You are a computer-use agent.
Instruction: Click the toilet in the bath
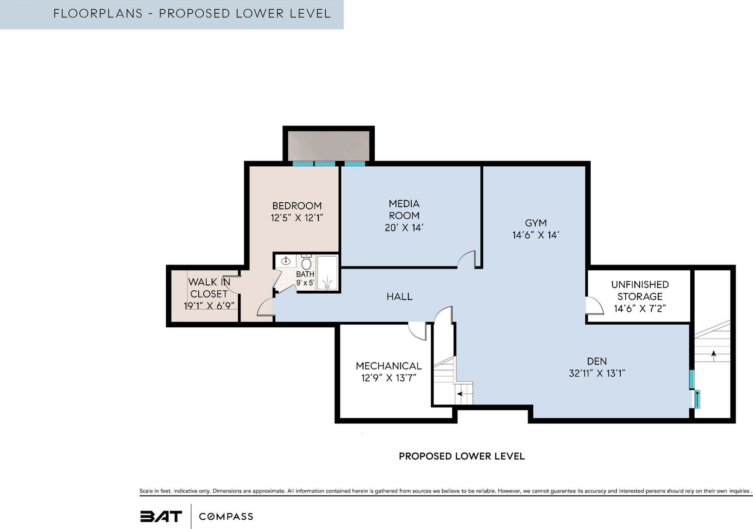pos(306,262)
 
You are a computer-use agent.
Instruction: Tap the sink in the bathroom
pos(286,261)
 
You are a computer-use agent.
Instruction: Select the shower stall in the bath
pos(327,272)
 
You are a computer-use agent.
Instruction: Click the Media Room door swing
pos(466,260)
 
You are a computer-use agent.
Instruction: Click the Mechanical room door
pos(417,331)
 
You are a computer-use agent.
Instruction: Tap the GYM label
pos(536,223)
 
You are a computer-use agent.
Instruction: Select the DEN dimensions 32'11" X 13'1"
pos(596,373)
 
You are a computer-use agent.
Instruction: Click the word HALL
pos(400,296)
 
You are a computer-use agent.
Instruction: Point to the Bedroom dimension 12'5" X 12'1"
pos(297,218)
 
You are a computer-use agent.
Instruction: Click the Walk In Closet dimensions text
pos(209,306)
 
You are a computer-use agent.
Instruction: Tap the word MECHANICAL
pos(388,366)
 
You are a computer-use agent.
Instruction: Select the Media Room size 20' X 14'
pos(404,228)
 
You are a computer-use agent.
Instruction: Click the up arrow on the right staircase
pos(714,356)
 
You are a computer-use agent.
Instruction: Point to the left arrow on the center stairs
pos(460,394)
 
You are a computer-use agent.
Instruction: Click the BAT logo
pos(161,516)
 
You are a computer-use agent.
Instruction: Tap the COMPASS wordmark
pos(226,516)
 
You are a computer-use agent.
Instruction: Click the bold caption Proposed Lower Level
pos(461,457)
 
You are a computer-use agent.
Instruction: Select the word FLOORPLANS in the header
pos(98,14)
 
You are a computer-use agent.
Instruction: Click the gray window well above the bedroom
pos(329,145)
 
